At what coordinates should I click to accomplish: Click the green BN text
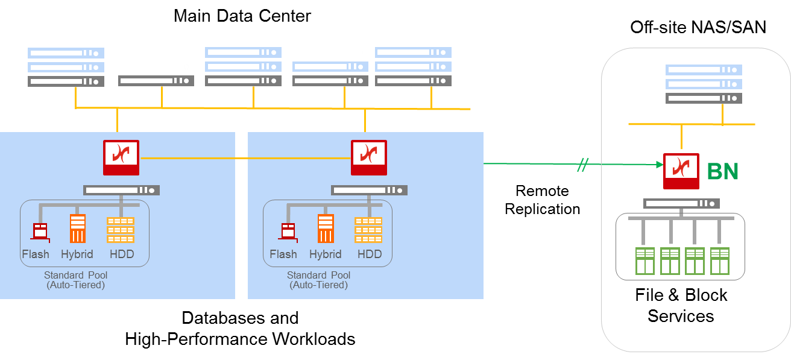(x=722, y=172)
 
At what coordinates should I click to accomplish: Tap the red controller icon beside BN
(x=681, y=171)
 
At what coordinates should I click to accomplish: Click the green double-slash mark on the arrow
(x=582, y=165)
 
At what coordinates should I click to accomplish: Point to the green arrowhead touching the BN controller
(x=658, y=164)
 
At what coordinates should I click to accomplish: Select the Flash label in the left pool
(x=36, y=254)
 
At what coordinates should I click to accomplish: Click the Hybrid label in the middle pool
(x=326, y=254)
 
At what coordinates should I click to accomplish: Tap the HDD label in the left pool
(x=122, y=254)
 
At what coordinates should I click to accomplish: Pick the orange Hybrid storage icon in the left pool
(x=77, y=229)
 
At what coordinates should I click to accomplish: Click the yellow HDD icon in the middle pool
(x=368, y=230)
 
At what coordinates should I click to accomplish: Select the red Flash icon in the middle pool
(x=288, y=231)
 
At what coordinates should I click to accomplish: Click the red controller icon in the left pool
(x=121, y=157)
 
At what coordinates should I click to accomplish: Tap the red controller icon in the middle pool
(x=369, y=157)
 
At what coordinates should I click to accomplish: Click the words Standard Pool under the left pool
(x=76, y=276)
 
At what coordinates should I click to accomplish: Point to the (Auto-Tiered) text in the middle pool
(x=319, y=285)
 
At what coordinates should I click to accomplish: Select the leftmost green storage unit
(x=645, y=261)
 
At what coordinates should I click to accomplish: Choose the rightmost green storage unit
(x=720, y=261)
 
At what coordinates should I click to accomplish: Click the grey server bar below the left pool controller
(x=121, y=191)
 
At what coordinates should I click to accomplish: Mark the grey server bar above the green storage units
(x=681, y=203)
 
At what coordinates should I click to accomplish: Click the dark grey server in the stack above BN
(x=704, y=98)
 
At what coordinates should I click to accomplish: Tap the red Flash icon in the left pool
(x=40, y=231)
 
